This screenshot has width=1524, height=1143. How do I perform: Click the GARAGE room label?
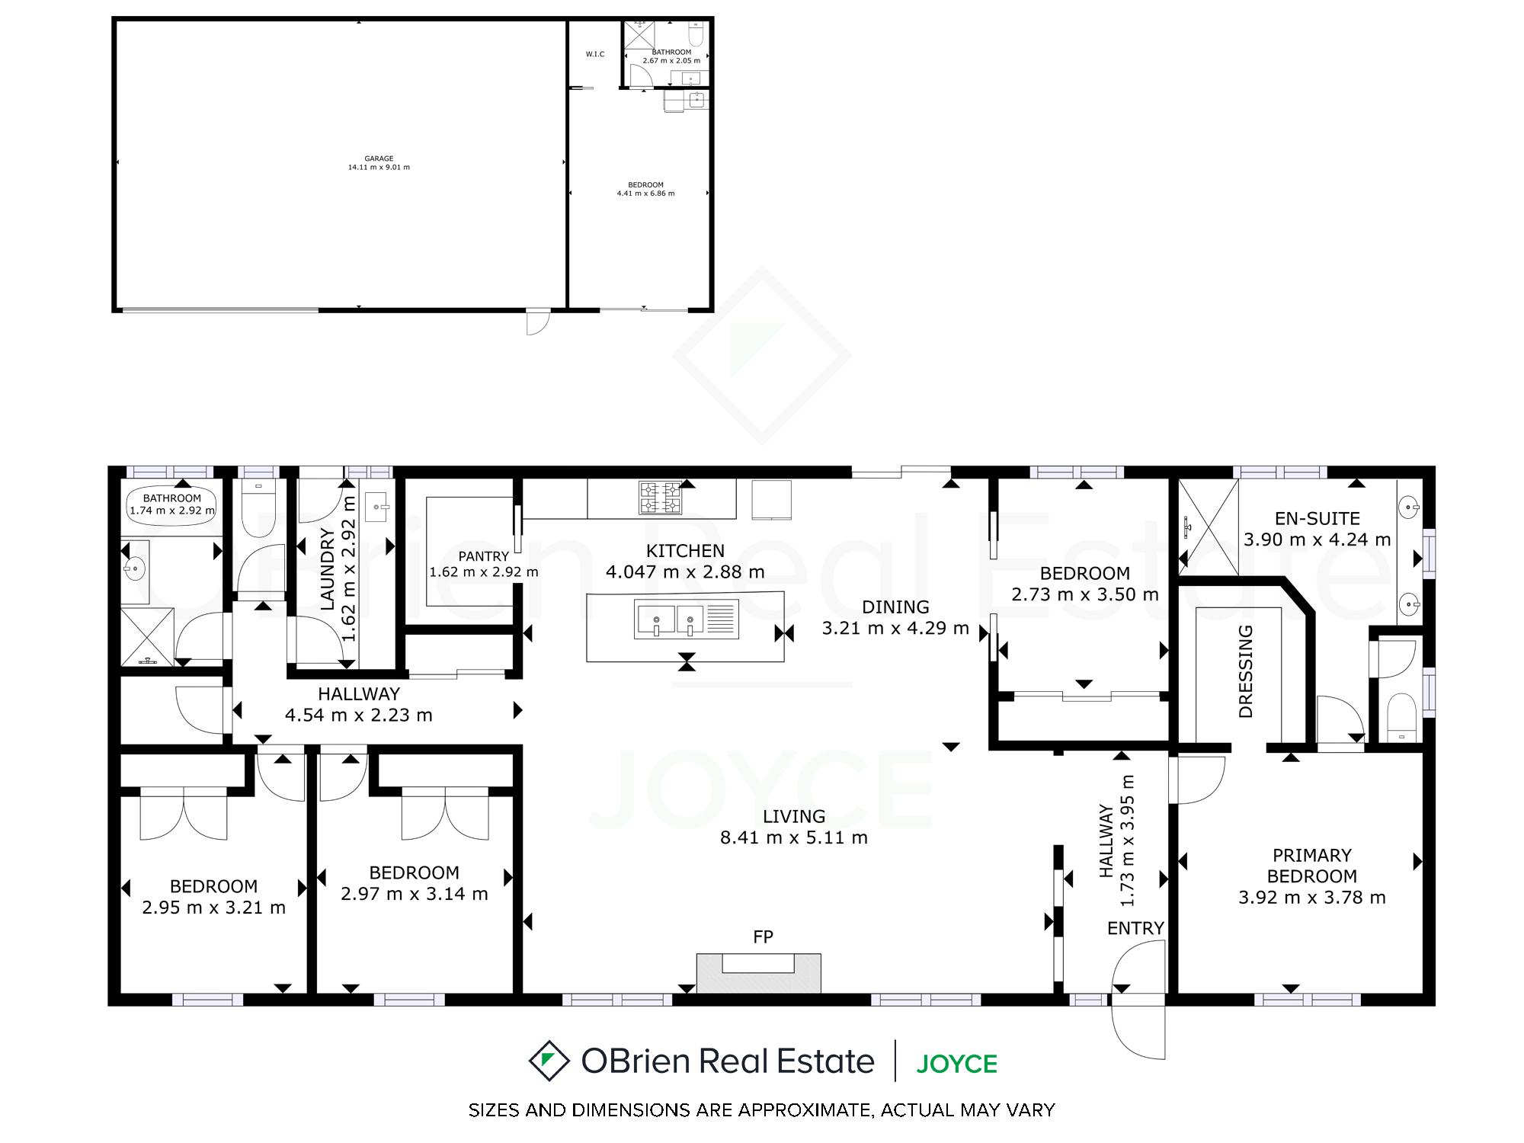coord(379,159)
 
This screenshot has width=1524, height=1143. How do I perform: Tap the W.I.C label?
coord(595,54)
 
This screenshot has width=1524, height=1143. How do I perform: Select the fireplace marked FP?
coord(759,973)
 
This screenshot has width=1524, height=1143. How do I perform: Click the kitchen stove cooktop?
coord(660,498)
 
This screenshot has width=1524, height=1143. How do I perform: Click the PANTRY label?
coord(484,556)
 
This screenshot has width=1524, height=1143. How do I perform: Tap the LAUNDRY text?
coord(328,569)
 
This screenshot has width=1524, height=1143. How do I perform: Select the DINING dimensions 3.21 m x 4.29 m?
coord(895,629)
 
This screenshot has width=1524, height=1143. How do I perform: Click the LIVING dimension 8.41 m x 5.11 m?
coord(794,838)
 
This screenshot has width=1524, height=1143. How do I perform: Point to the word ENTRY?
coord(1135,928)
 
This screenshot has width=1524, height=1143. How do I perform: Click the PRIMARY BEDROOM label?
coord(1311,866)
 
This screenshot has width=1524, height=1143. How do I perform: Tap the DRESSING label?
coord(1246,671)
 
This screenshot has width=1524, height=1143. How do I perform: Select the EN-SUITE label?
coord(1317,519)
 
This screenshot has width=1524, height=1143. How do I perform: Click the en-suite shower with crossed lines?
coord(1209,527)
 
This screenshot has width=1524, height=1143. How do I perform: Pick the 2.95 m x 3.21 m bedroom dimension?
coord(214,908)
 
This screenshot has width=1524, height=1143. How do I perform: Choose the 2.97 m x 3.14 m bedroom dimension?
coord(415,895)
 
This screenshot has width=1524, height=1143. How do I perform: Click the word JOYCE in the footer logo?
coord(956,1064)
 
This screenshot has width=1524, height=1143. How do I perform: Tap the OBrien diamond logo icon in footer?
coord(549,1061)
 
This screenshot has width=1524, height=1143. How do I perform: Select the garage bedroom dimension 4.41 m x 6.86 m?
coord(645,194)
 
